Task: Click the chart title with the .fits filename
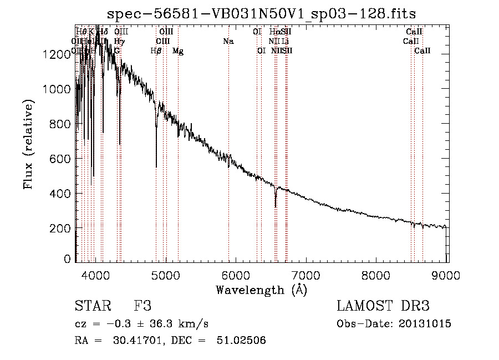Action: click(262, 13)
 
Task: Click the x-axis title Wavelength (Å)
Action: click(262, 289)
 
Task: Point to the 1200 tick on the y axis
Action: click(59, 54)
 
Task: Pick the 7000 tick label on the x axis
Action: click(307, 275)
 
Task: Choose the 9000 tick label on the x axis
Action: click(447, 275)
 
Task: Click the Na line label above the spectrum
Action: click(228, 41)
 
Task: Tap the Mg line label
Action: click(178, 50)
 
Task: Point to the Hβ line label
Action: click(156, 50)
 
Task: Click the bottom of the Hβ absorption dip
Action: click(156, 166)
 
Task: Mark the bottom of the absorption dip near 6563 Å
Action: click(276, 206)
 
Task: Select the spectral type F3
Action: click(142, 306)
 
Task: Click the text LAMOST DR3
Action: click(383, 306)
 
